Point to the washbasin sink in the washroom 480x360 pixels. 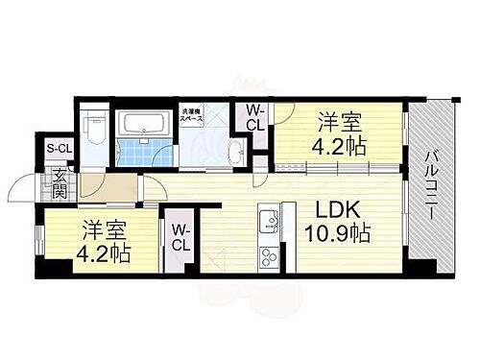pyautogui.click(x=235, y=149)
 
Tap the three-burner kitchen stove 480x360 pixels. pyautogui.click(x=267, y=256)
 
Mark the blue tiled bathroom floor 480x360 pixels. pyautogui.click(x=144, y=151)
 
